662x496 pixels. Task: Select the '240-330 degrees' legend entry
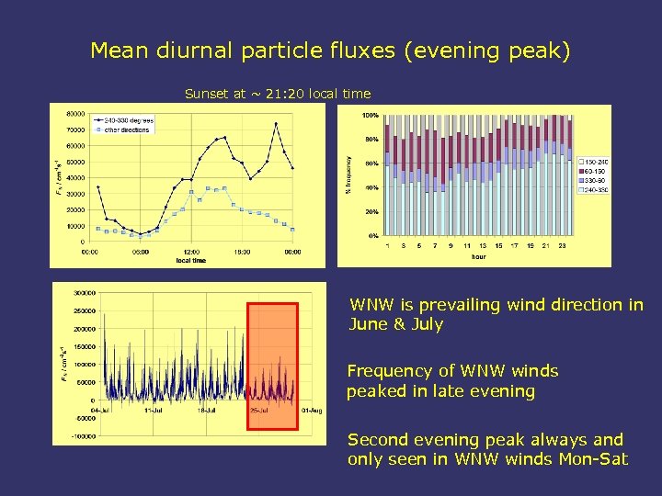130,120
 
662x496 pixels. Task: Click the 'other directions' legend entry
126,130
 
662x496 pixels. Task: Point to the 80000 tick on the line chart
74,114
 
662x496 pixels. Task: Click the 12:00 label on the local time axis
190,252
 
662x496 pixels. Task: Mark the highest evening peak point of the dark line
276,124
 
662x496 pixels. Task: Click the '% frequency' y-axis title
348,175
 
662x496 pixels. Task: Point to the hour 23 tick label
561,245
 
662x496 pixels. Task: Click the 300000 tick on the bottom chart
85,293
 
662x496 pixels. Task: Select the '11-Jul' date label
154,410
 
